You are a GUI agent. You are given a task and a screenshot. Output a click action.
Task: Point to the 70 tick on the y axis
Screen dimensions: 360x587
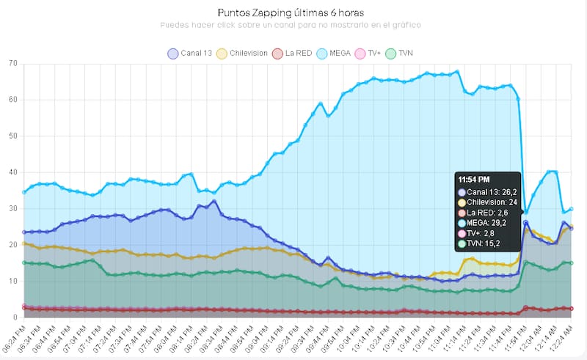pos(13,63)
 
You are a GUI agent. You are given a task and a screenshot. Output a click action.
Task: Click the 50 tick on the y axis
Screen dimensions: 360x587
pos(13,136)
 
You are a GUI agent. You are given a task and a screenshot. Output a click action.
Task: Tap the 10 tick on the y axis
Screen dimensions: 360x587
pos(13,281)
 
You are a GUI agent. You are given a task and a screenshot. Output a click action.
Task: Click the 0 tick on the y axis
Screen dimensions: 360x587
pos(15,317)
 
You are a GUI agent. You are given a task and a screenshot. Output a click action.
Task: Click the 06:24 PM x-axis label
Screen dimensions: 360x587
pos(15,337)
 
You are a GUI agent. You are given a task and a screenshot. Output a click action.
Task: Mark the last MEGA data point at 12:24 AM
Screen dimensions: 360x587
pos(571,209)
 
